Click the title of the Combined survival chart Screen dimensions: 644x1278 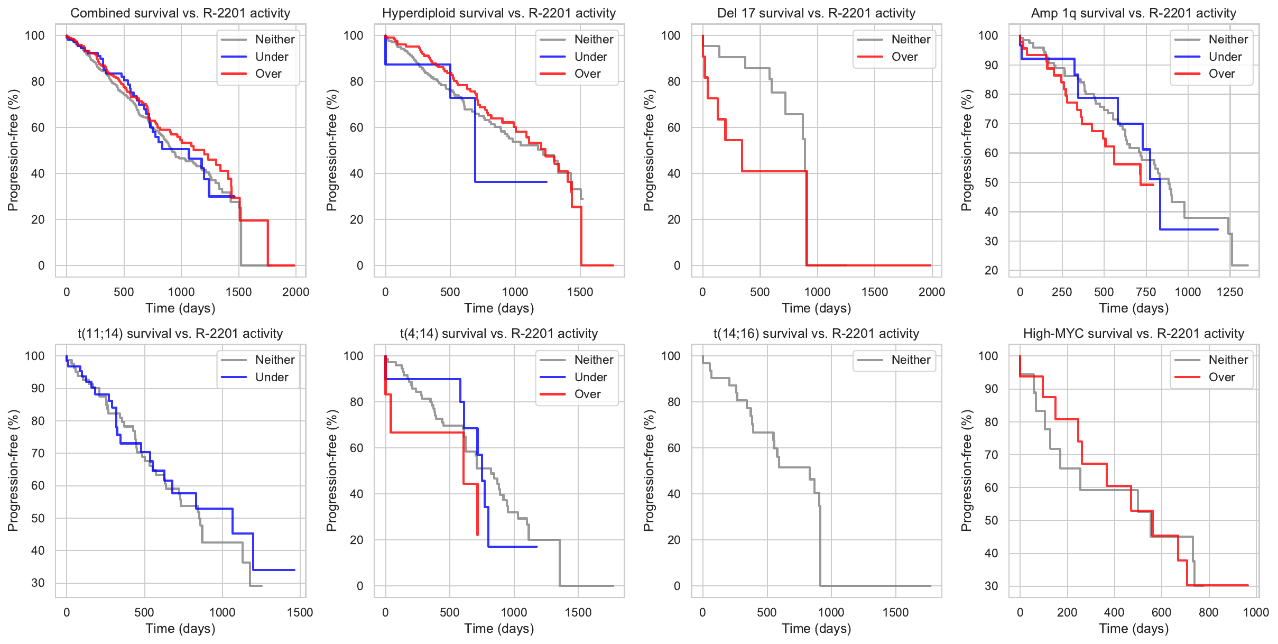click(x=180, y=13)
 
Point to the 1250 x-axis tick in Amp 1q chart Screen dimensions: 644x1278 click(x=1230, y=292)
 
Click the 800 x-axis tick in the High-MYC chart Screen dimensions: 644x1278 click(x=1208, y=612)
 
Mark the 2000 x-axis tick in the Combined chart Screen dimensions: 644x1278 click(x=295, y=292)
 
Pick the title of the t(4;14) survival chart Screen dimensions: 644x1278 click(x=499, y=334)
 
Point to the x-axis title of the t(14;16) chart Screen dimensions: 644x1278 click(x=816, y=629)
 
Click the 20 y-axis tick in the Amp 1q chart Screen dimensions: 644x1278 click(x=991, y=270)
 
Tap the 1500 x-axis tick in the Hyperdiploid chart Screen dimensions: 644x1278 click(x=580, y=292)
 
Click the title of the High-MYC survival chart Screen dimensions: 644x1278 click(x=1134, y=334)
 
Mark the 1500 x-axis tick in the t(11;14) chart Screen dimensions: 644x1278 click(x=300, y=612)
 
